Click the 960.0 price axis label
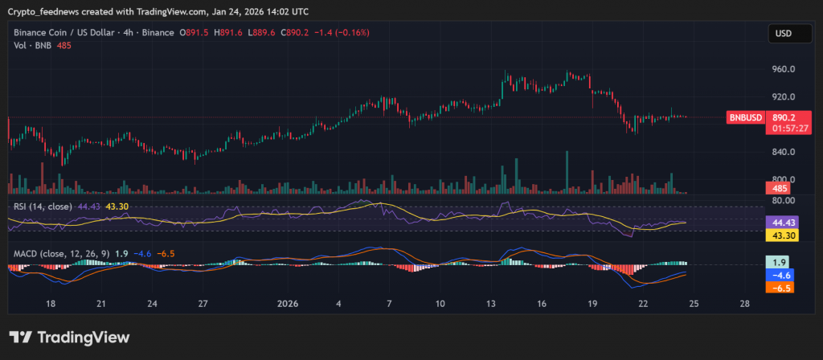[x=783, y=69]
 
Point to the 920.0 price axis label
[x=783, y=97]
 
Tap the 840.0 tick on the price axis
[x=783, y=152]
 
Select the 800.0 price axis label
[x=783, y=179]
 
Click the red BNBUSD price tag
[x=745, y=117]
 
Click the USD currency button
[x=782, y=34]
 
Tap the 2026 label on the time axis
[x=287, y=304]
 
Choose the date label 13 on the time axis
[x=490, y=304]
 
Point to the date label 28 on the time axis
[x=746, y=304]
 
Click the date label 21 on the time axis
[x=100, y=304]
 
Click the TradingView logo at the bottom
[x=69, y=337]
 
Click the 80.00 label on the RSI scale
[x=783, y=200]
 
